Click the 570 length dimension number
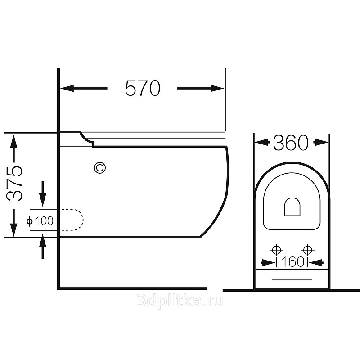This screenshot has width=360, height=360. coord(143,88)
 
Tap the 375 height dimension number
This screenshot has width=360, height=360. coord(14,183)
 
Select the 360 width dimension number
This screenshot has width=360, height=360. coord(291,143)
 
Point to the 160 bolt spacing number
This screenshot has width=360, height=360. coord(292,262)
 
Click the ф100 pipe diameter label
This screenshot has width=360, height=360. coord(40,221)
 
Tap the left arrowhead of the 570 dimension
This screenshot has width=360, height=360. coord(67,88)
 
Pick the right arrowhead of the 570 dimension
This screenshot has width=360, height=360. coord(217,88)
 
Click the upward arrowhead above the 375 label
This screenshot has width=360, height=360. coord(14,142)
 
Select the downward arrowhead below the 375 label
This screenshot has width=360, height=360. coord(14,229)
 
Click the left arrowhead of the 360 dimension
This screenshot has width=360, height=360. coord(262,142)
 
